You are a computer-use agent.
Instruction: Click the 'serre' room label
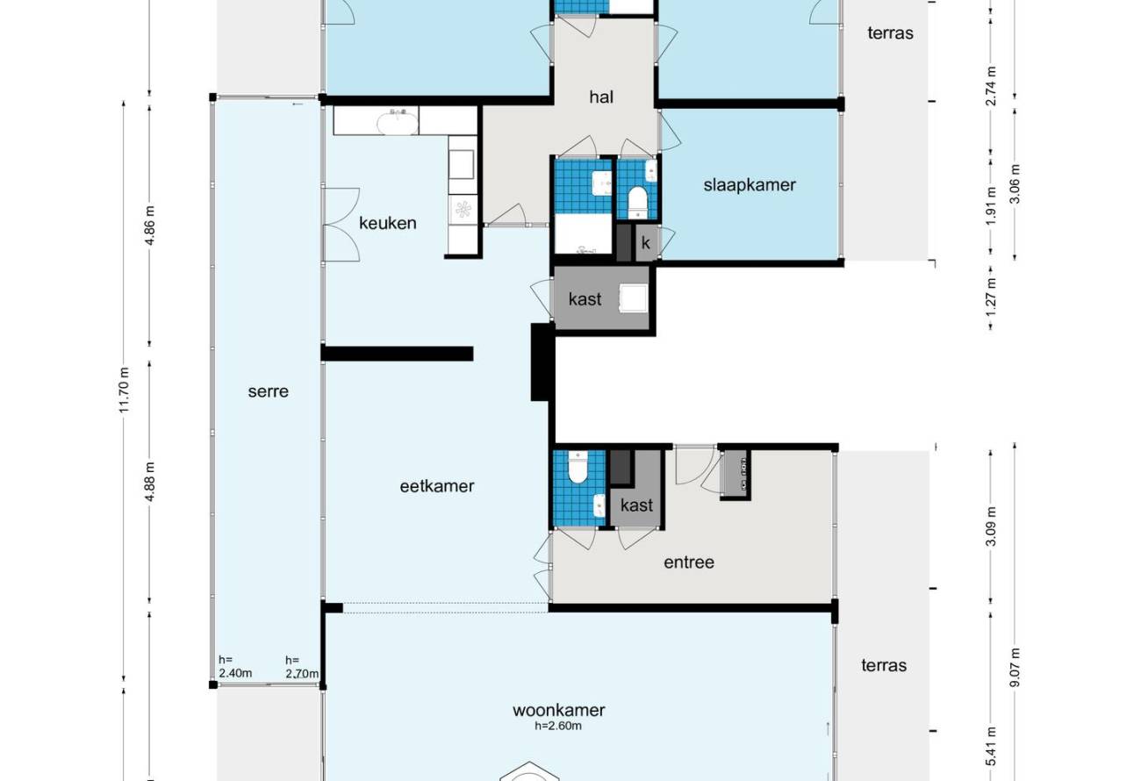click(x=268, y=391)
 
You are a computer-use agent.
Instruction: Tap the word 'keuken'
click(x=388, y=223)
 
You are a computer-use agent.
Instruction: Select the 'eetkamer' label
click(x=437, y=486)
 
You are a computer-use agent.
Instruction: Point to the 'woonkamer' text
click(x=558, y=710)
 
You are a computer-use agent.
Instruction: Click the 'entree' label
click(x=689, y=562)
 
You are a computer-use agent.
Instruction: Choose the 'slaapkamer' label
click(x=750, y=185)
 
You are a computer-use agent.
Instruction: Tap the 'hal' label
click(x=601, y=97)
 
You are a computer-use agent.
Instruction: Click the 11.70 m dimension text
click(x=125, y=390)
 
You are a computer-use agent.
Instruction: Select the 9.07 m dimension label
click(x=1015, y=668)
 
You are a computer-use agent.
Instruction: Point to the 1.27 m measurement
click(x=991, y=297)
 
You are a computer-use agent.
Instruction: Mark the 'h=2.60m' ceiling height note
click(x=557, y=726)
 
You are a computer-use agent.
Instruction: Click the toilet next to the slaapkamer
click(x=636, y=202)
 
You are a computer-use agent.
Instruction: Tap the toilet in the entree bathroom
click(x=578, y=467)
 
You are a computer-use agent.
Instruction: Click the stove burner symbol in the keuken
click(x=463, y=209)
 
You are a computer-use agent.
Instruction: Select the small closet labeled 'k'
click(x=646, y=243)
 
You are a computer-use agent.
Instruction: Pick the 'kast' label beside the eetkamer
click(x=585, y=299)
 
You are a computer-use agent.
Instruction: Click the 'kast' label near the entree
click(x=636, y=505)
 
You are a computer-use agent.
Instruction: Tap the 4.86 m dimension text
click(x=150, y=225)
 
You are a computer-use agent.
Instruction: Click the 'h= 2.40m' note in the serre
click(x=235, y=666)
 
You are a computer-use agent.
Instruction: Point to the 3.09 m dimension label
click(x=991, y=527)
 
